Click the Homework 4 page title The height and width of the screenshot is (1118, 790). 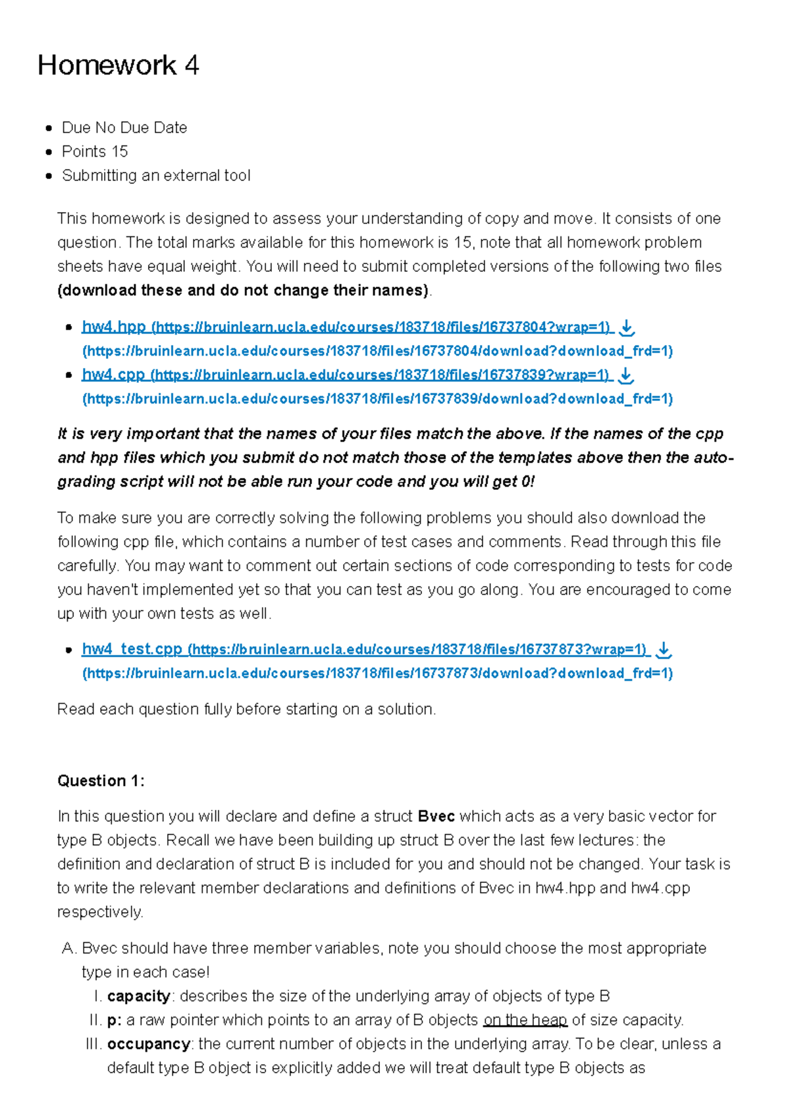tap(118, 66)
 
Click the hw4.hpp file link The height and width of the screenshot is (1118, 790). tap(113, 327)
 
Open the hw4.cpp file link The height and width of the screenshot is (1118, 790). tap(113, 375)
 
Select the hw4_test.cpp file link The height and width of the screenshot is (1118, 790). tap(132, 649)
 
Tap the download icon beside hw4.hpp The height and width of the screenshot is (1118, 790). tap(627, 327)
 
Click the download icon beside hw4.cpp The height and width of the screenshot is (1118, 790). tap(626, 375)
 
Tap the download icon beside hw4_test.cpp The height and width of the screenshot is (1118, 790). tap(664, 650)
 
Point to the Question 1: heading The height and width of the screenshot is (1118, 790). tap(101, 781)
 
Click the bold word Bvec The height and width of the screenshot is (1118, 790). tap(436, 816)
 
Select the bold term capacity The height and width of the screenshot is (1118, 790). tap(138, 996)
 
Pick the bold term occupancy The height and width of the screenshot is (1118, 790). tap(148, 1044)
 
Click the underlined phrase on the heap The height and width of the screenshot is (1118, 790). tap(525, 1021)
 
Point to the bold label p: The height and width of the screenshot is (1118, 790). tap(114, 1021)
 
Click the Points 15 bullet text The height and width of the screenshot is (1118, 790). tap(95, 151)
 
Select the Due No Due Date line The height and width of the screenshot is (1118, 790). tap(124, 128)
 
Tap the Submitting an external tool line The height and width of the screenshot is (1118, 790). tap(156, 176)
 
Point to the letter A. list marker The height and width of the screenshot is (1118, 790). tap(69, 948)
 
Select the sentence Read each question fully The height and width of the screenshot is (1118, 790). tap(246, 709)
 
